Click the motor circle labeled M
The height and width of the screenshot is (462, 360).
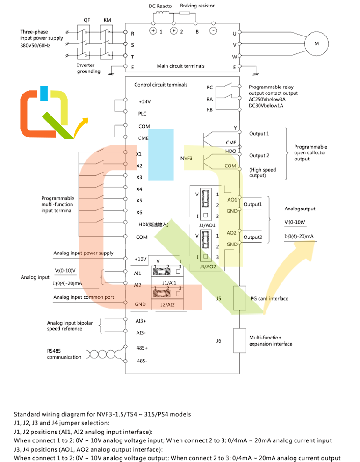(316, 44)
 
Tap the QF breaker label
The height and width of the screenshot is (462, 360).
(86, 21)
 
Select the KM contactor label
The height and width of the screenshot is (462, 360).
(107, 21)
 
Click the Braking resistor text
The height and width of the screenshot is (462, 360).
(197, 6)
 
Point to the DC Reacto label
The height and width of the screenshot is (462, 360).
(160, 6)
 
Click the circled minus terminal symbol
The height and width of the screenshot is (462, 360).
(213, 31)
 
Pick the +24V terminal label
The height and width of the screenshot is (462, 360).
(144, 101)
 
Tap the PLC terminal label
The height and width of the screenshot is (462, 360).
(143, 114)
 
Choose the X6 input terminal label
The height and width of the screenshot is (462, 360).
(139, 212)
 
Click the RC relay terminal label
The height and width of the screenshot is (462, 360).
(209, 87)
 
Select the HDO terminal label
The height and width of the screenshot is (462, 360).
(230, 151)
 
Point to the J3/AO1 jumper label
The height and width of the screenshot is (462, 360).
(207, 225)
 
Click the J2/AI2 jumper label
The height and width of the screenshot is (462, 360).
(168, 305)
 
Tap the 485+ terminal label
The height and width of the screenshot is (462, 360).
(142, 348)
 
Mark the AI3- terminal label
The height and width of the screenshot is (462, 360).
(141, 333)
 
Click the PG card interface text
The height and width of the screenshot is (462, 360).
(269, 298)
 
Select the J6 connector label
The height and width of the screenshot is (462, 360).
(218, 341)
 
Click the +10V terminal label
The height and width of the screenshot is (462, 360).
(141, 259)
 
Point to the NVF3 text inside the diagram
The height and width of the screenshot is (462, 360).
(187, 159)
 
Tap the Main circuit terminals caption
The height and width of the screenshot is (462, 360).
(180, 66)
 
